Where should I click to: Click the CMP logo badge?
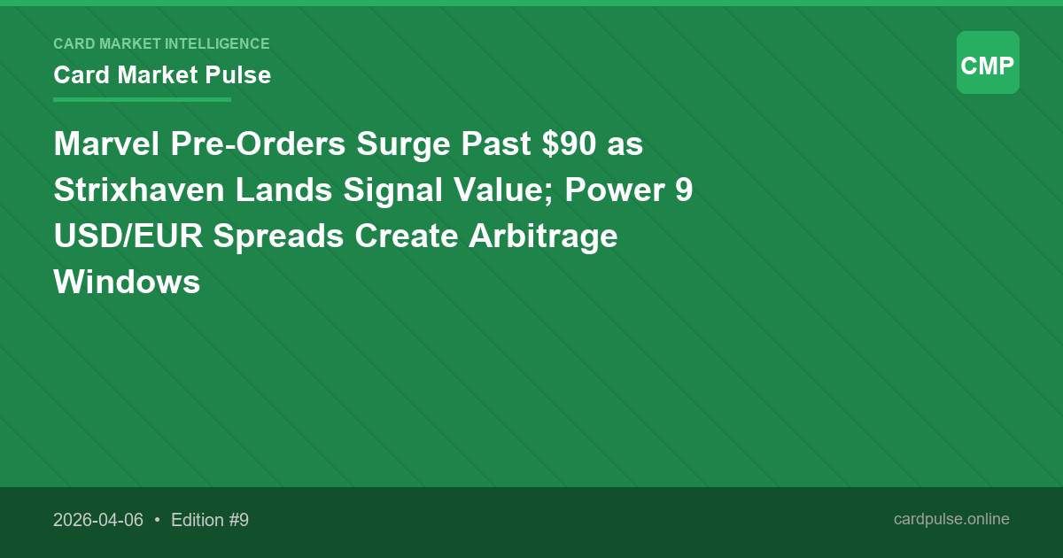point(988,63)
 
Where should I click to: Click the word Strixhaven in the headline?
point(139,190)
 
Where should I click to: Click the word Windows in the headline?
point(127,283)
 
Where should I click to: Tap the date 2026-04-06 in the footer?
point(98,520)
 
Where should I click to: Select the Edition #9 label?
point(210,520)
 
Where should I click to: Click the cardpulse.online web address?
point(951,519)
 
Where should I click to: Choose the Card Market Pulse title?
point(162,75)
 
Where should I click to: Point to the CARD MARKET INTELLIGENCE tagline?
point(161,43)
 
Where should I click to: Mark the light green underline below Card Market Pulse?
point(142,99)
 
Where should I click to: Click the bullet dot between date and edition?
point(157,520)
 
